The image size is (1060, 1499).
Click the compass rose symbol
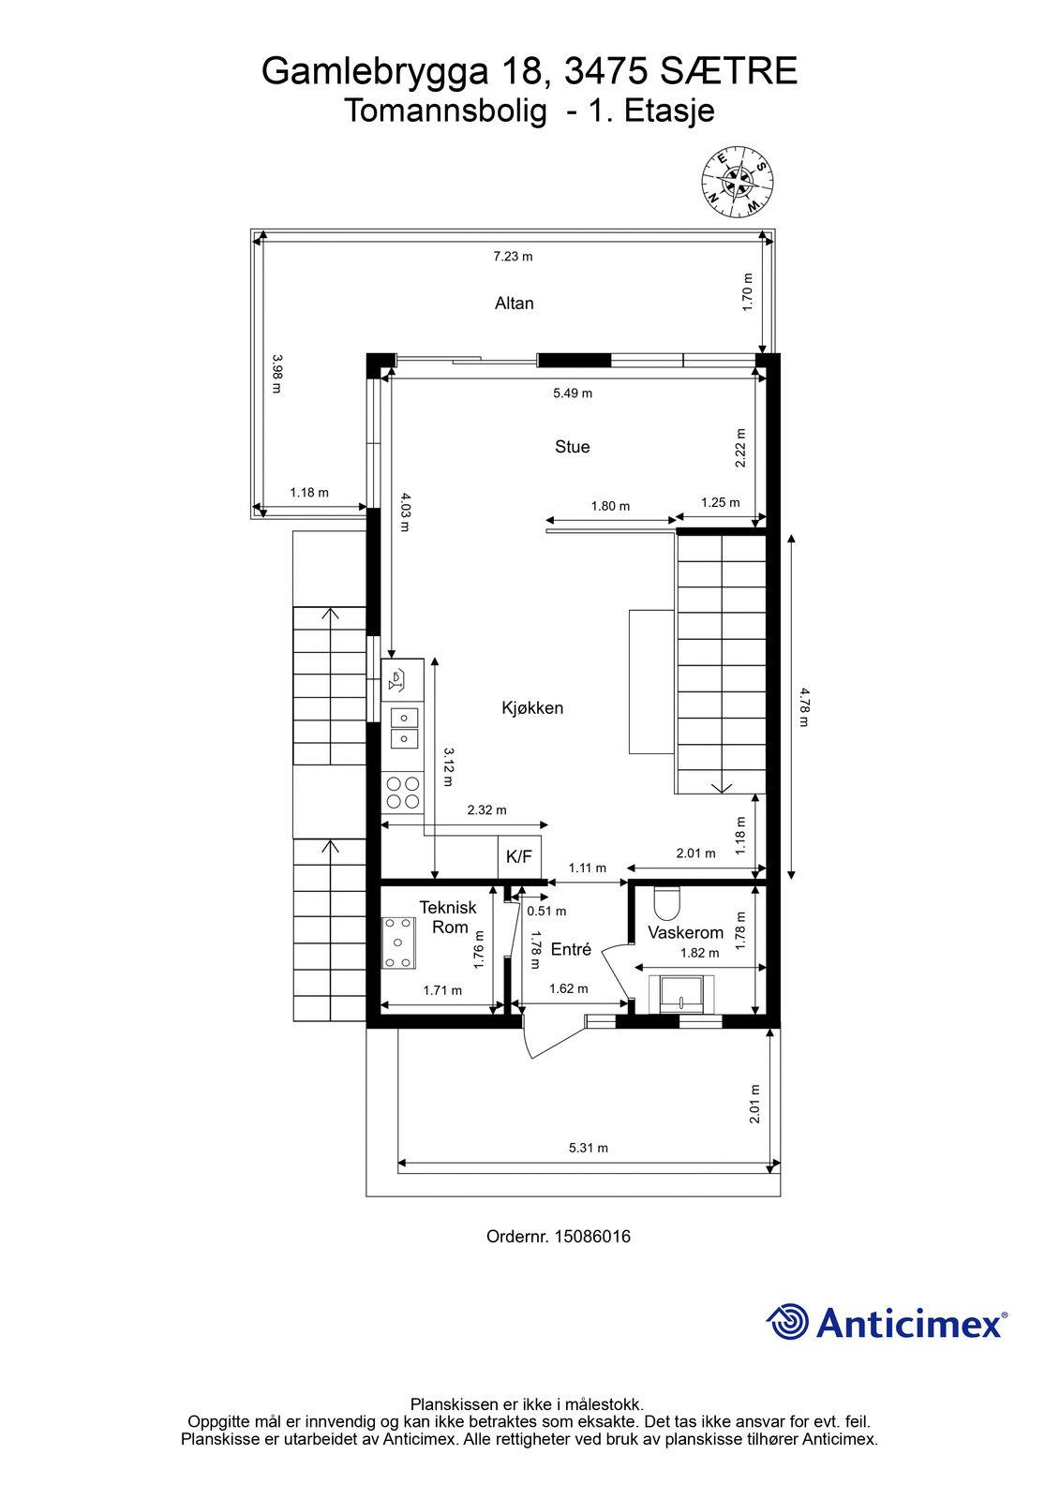point(738,182)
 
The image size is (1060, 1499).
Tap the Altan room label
point(515,304)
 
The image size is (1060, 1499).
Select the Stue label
point(572,447)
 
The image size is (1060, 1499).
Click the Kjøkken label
point(532,708)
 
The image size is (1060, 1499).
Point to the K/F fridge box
point(519,857)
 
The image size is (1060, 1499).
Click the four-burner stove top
point(402,793)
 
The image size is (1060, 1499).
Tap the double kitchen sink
point(403,728)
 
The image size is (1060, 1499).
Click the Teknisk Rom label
point(448,917)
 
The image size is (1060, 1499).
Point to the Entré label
point(571,949)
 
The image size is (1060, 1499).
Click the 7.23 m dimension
point(513,257)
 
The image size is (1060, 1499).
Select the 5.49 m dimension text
point(573,393)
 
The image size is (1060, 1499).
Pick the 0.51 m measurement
point(546,912)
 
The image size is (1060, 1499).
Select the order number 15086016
point(592,1237)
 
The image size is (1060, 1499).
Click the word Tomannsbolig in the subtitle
point(445,111)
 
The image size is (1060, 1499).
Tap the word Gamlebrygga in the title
point(376,72)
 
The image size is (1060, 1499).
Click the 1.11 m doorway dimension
point(588,868)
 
